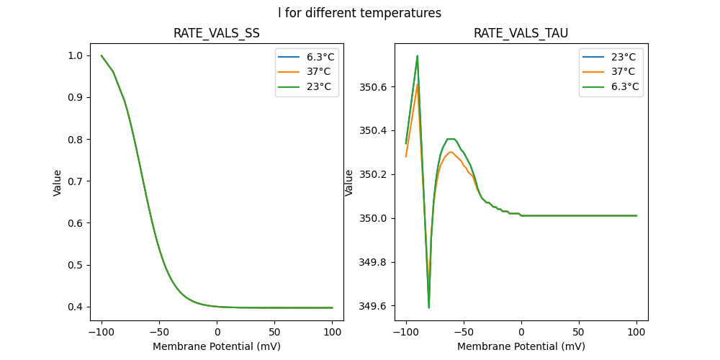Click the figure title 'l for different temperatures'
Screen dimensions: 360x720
(x=359, y=13)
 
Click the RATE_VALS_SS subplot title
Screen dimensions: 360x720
(x=217, y=34)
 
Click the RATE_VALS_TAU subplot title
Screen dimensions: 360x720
(x=521, y=34)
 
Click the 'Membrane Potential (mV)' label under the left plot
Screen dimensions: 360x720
(x=217, y=346)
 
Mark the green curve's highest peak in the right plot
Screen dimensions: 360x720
(x=417, y=55)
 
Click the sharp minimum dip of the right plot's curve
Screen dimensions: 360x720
(x=429, y=307)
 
